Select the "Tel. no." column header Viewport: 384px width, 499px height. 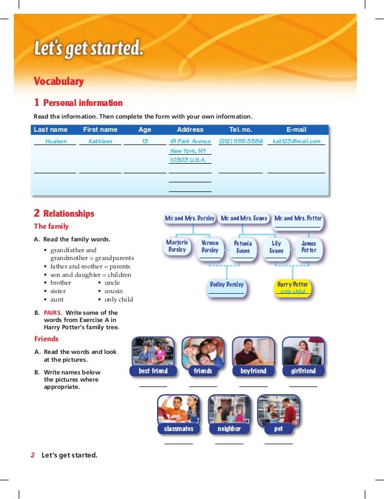(241, 129)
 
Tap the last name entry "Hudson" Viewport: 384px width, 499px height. (56, 141)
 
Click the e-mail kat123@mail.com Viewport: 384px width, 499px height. (297, 141)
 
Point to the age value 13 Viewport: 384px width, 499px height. (145, 141)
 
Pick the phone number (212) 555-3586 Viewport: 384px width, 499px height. (241, 141)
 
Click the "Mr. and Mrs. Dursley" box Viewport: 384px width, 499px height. (190, 219)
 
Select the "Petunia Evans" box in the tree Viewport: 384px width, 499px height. (243, 247)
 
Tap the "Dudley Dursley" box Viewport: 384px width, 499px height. (227, 285)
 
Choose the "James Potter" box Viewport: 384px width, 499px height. (309, 247)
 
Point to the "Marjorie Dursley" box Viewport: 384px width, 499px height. (178, 246)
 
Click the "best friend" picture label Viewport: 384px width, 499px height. (153, 371)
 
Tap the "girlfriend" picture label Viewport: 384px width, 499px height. (303, 371)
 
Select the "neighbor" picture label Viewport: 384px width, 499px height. (229, 429)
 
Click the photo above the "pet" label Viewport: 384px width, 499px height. (278, 409)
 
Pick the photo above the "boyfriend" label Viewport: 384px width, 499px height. (253, 351)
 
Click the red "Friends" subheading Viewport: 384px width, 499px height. (46, 339)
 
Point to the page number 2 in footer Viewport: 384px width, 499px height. (33, 455)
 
